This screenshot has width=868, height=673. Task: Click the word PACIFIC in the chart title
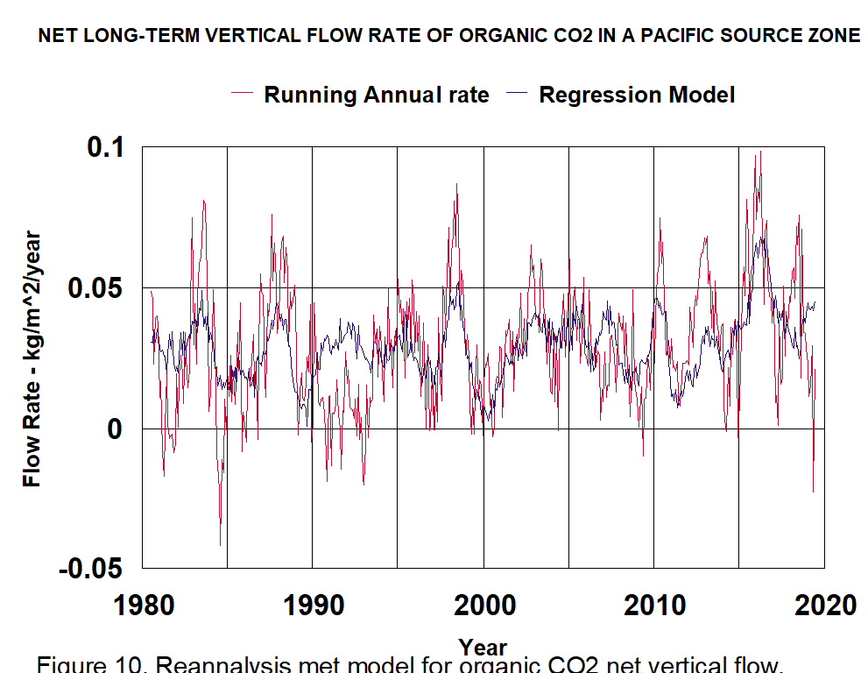651,36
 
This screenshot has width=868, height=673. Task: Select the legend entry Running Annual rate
376,95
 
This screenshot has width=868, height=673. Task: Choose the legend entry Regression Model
636,95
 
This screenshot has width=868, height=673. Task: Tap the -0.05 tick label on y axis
92,569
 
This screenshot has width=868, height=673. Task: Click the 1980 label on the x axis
143,605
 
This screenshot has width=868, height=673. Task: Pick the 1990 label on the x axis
313,605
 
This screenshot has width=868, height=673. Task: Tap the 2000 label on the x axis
483,605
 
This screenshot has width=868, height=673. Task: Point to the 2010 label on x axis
653,605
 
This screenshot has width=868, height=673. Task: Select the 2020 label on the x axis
823,605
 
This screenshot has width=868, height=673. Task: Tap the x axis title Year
483,648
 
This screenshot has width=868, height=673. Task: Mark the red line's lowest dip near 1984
220,545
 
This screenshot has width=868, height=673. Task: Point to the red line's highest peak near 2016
760,152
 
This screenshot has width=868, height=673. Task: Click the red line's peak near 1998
456,185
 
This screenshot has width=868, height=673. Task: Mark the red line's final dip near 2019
813,492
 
